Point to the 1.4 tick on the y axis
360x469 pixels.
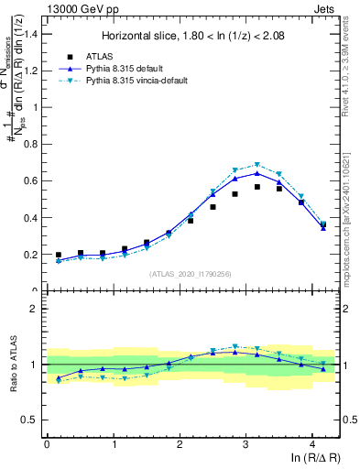(35, 34)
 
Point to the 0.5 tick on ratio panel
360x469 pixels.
(35, 420)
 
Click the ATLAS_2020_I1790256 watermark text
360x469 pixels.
(190, 274)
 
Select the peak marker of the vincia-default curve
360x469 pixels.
(257, 165)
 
